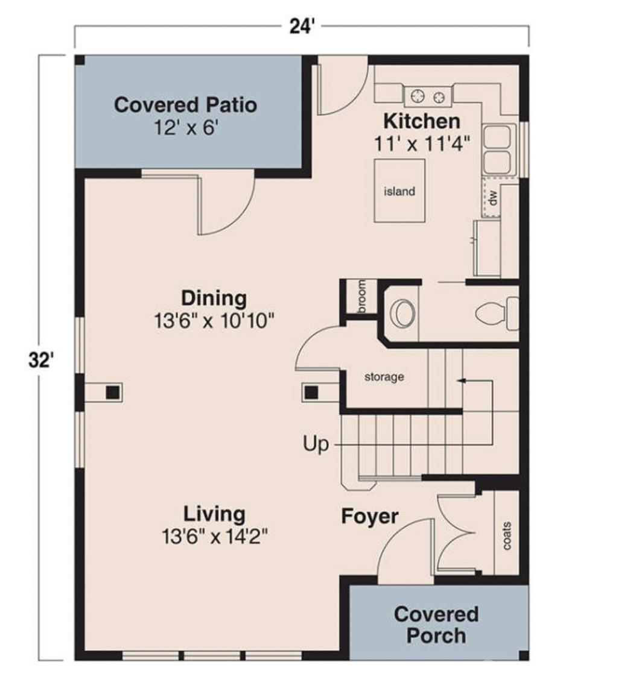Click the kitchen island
(399, 191)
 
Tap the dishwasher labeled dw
(492, 197)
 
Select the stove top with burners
(427, 95)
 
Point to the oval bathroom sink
(402, 314)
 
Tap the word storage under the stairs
(384, 377)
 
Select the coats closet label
(507, 535)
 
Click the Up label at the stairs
(316, 445)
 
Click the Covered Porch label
(436, 625)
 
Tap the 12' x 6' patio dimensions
(186, 129)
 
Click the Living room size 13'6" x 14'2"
(214, 536)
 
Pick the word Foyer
(370, 517)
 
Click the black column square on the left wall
(112, 393)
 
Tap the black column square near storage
(311, 393)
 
